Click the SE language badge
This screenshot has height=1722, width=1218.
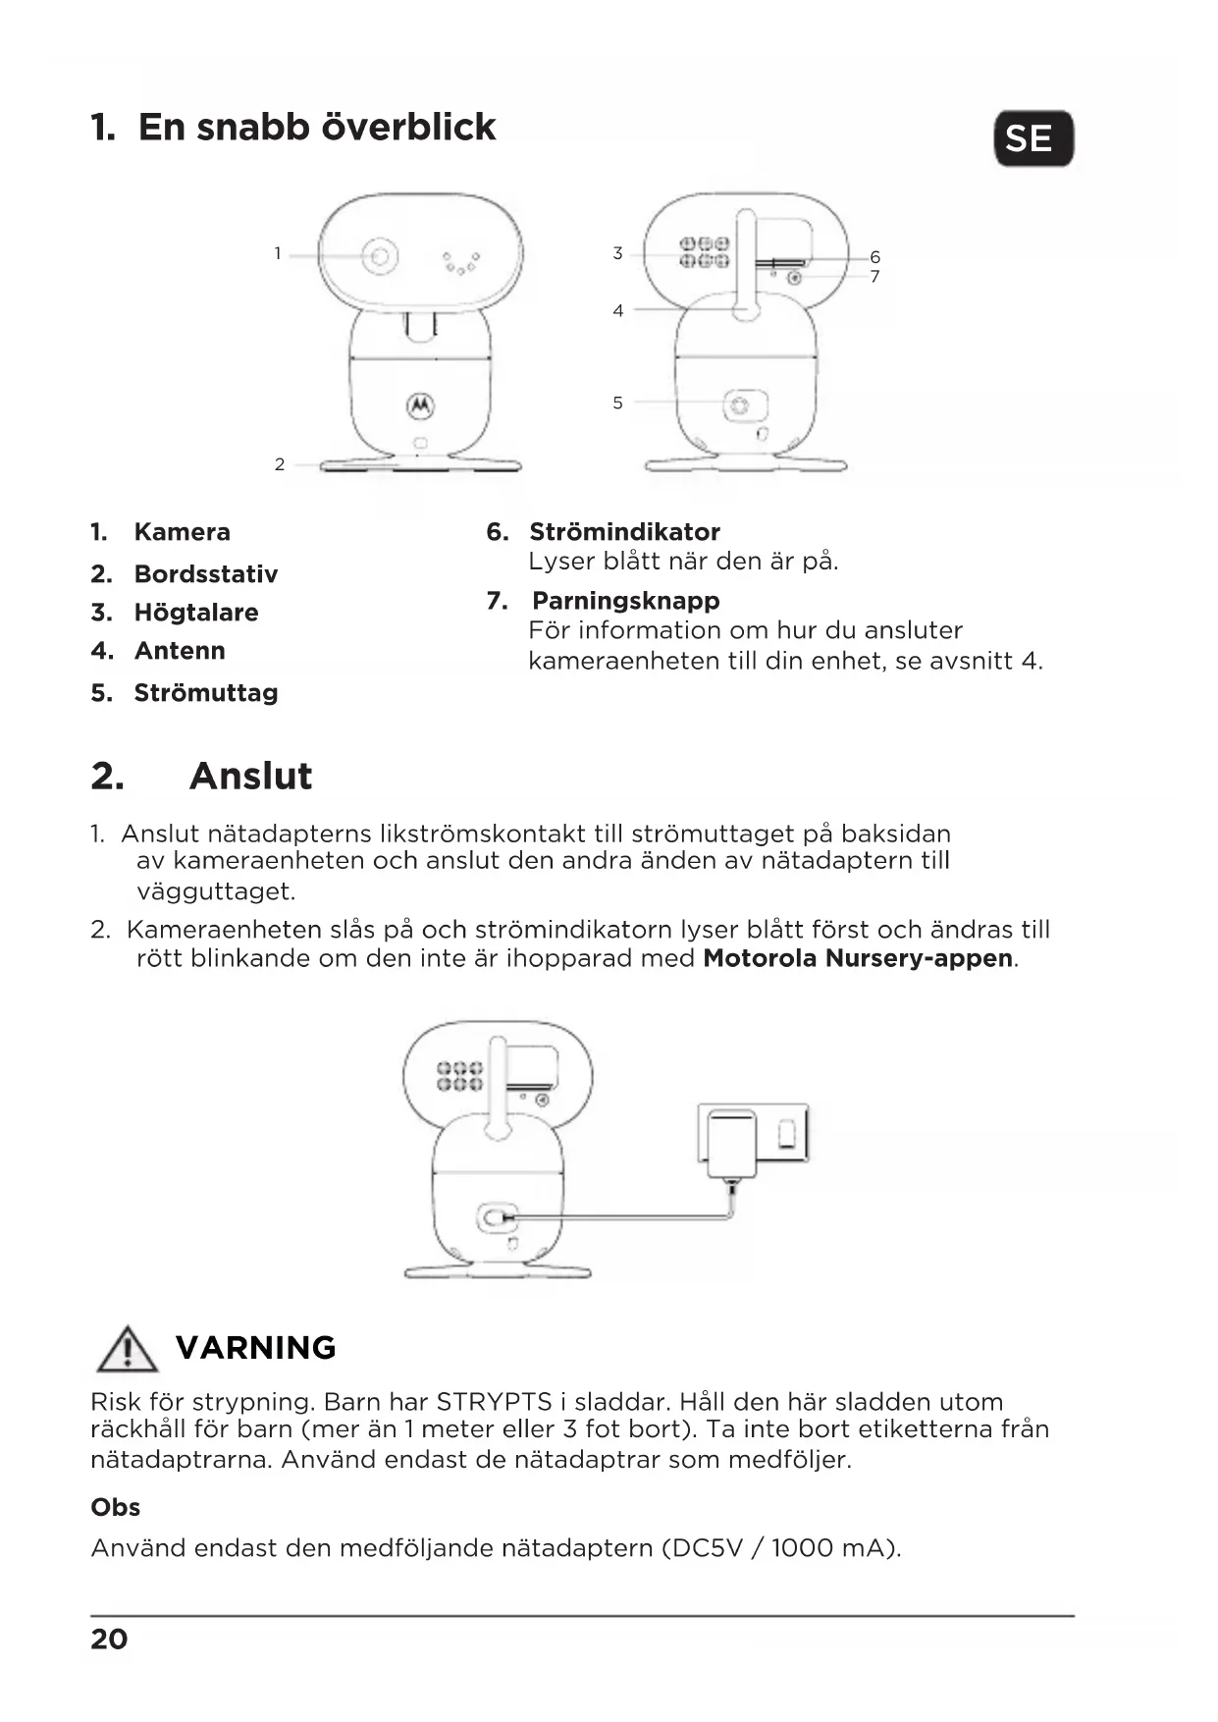tap(1033, 138)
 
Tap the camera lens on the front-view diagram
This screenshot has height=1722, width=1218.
tap(380, 257)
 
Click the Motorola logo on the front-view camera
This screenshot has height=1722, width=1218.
tap(420, 404)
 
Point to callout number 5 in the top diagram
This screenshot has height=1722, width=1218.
tap(617, 403)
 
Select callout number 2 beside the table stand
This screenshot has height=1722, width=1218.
tap(280, 464)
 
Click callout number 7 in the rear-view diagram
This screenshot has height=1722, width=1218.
tap(874, 277)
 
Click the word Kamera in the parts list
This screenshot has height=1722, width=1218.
tap(182, 532)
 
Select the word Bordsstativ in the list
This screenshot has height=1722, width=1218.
tap(205, 573)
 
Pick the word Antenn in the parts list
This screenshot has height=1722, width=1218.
tap(180, 651)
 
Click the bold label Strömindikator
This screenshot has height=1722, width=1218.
tap(624, 532)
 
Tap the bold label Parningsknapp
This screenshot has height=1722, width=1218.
tap(625, 601)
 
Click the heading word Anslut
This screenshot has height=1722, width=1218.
tap(250, 776)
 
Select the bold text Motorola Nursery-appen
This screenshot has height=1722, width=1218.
tap(858, 958)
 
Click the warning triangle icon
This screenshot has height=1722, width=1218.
tap(127, 1349)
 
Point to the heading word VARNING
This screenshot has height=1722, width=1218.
tap(255, 1348)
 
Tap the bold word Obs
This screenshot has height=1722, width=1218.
tap(115, 1508)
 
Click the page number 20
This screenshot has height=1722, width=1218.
tap(109, 1640)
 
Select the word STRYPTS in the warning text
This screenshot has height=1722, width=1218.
tap(494, 1402)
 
